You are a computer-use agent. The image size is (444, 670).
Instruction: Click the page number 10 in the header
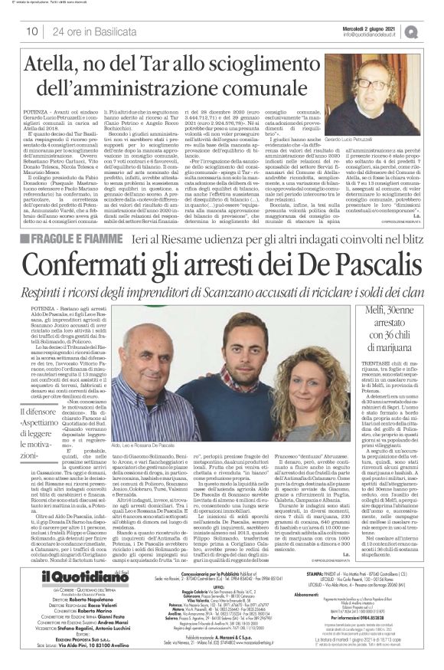[x=32, y=31]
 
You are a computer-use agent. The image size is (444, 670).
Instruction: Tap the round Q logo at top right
[x=432, y=31]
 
